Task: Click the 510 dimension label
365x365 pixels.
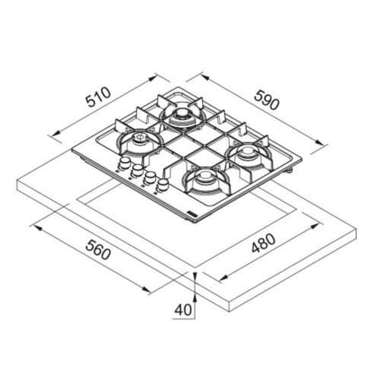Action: tap(98, 97)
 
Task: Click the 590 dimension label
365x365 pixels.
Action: tap(267, 100)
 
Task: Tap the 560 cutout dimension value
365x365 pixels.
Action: tap(98, 249)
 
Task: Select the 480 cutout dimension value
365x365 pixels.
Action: tap(263, 243)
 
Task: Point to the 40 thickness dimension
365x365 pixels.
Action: tap(183, 309)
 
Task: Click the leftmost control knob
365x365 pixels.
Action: tap(124, 163)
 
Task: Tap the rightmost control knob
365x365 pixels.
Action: tap(163, 185)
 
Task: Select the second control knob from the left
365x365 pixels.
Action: tap(137, 170)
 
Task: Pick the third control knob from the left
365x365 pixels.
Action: tap(150, 177)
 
